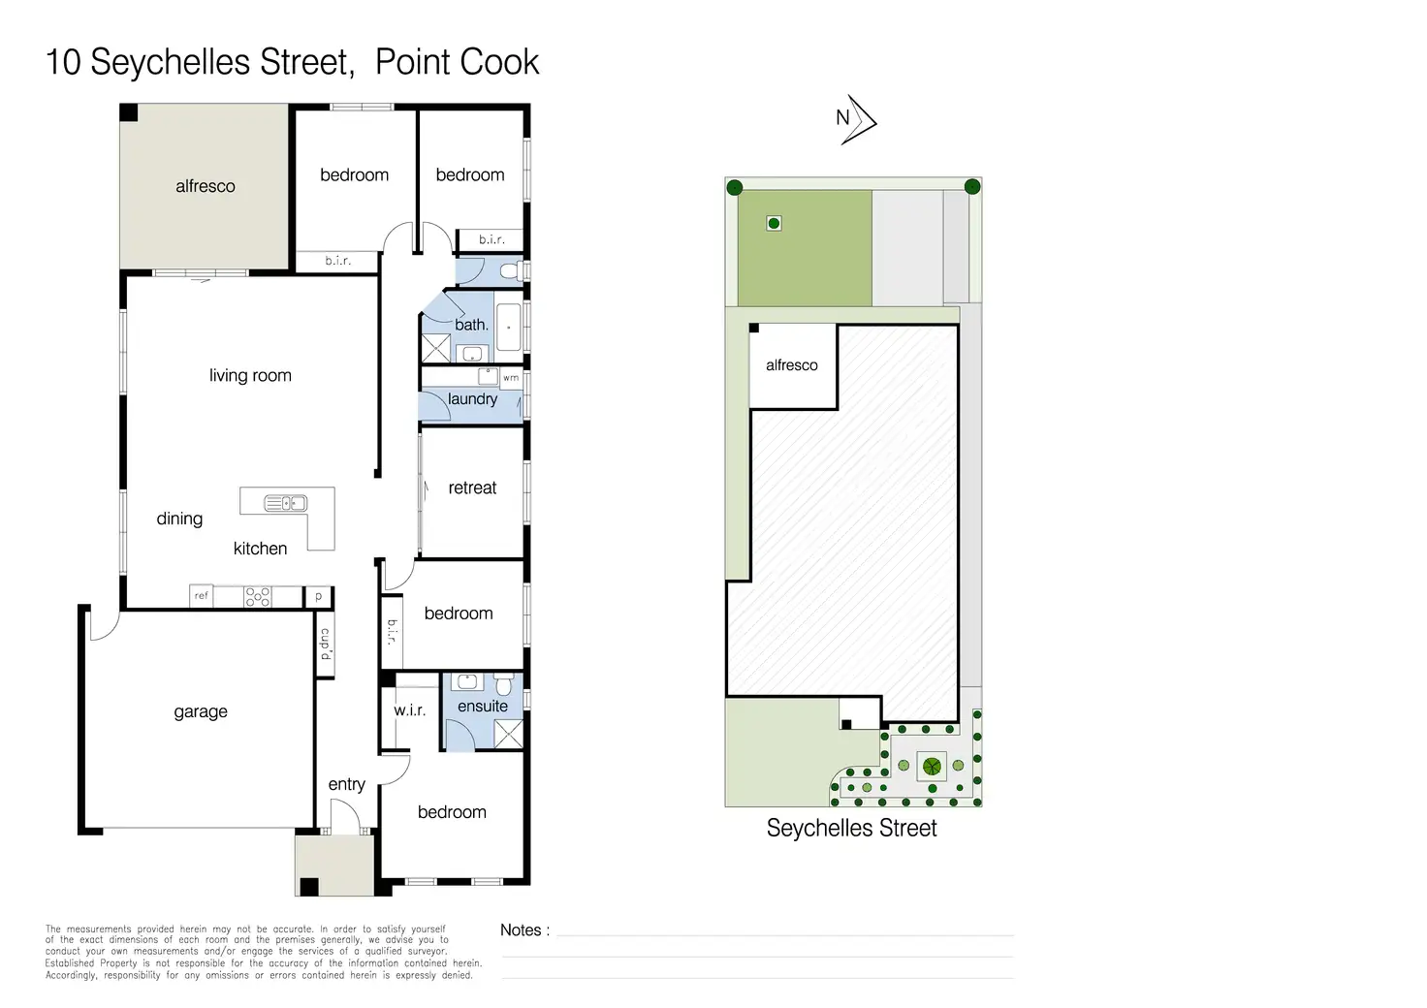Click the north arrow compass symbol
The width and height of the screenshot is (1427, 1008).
pos(858,120)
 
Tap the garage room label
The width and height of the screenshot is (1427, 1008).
pos(201,711)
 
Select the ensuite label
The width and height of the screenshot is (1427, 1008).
pos(482,706)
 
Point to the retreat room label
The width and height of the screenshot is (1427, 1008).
pos(472,488)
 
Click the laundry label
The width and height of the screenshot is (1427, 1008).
pos(472,399)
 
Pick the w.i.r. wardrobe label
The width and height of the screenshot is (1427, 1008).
pos(409,710)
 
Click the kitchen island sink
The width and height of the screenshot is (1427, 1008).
pos(286,504)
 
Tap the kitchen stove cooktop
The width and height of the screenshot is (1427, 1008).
pos(257,597)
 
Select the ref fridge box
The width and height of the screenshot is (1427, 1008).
pos(202,596)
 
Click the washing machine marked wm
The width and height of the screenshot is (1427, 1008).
pos(511,378)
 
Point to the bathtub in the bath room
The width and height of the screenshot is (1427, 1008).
pos(508,328)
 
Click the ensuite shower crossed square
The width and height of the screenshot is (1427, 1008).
pos(508,734)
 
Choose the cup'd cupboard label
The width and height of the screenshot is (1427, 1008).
pos(326,644)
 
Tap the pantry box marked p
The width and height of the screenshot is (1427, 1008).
pos(319,597)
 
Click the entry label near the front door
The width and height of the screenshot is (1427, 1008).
pos(346,784)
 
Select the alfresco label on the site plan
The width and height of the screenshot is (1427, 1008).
pos(792,364)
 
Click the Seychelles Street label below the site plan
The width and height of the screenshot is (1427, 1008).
pos(852,828)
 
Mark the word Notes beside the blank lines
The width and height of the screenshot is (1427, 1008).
pos(521,929)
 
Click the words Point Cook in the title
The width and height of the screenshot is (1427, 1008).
pos(457,62)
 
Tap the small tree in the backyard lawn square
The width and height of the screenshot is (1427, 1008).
pos(774,224)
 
